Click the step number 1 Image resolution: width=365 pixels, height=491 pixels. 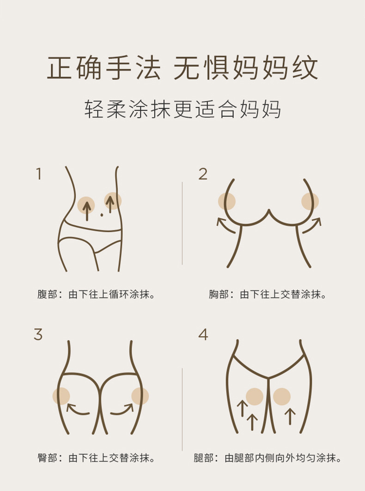tap(39, 174)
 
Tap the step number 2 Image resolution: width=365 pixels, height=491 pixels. tap(203, 174)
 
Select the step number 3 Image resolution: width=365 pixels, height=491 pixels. tap(38, 334)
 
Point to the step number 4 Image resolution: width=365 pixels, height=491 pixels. tap(203, 334)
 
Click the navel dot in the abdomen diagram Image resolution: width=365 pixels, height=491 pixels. tap(102, 215)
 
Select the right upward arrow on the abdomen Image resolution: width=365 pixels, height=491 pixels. tap(110, 204)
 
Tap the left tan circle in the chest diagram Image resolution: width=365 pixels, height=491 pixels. tap(227, 201)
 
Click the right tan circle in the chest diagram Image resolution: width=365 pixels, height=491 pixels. tap(310, 201)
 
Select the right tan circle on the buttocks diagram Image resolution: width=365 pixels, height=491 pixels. tap(140, 396)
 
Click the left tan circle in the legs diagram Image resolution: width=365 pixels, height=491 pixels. tap(255, 397)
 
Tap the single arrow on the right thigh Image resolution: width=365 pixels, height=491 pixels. tap(290, 416)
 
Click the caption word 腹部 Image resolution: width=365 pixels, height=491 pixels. tap(47, 295)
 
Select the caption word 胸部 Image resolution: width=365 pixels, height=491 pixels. tap(219, 295)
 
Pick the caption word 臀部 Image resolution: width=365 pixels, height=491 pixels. tap(47, 458)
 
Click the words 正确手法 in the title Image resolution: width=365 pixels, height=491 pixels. tap(103, 67)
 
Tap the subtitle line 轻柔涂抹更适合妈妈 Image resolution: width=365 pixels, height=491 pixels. tap(182, 110)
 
